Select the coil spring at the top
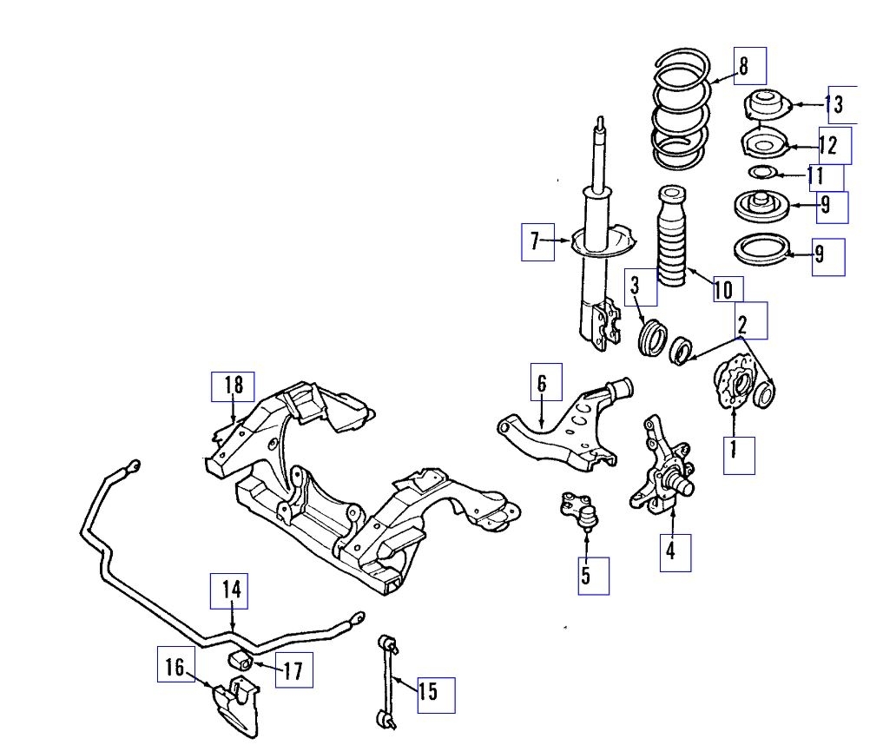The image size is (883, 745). pos(682,111)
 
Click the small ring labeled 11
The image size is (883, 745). pos(759,172)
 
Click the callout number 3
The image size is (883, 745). pos(637,287)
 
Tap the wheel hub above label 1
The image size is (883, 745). pos(731,384)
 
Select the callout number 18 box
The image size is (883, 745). pos(233,386)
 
